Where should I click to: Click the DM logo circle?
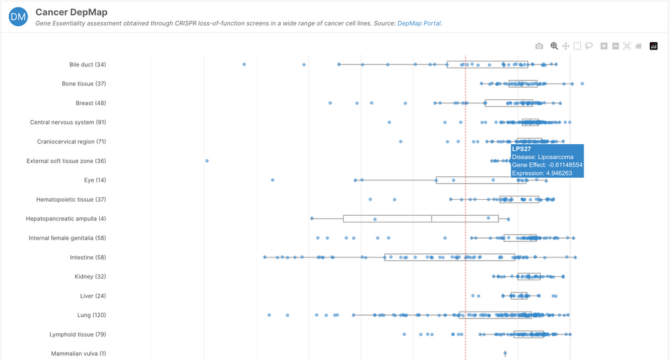[x=19, y=17]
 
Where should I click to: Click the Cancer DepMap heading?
[x=71, y=12]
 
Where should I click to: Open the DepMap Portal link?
[x=419, y=23]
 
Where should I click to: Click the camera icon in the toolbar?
[x=539, y=46]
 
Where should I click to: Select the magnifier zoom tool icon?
[x=554, y=46]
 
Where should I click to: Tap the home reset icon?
[x=639, y=46]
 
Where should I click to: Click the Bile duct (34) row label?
[x=87, y=64]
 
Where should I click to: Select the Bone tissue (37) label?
[x=84, y=84]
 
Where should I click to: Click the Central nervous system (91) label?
[x=68, y=123]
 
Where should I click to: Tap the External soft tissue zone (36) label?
[x=66, y=161]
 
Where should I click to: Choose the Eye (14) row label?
[x=94, y=180]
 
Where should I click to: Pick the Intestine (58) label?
[x=88, y=257]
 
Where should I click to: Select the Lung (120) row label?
[x=91, y=315]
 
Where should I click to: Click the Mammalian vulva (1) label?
[x=78, y=354]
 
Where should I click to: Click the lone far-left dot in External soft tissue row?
[x=206, y=161]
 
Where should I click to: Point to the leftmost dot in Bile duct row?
[x=244, y=64]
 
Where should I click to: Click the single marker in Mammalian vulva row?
[x=505, y=353]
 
